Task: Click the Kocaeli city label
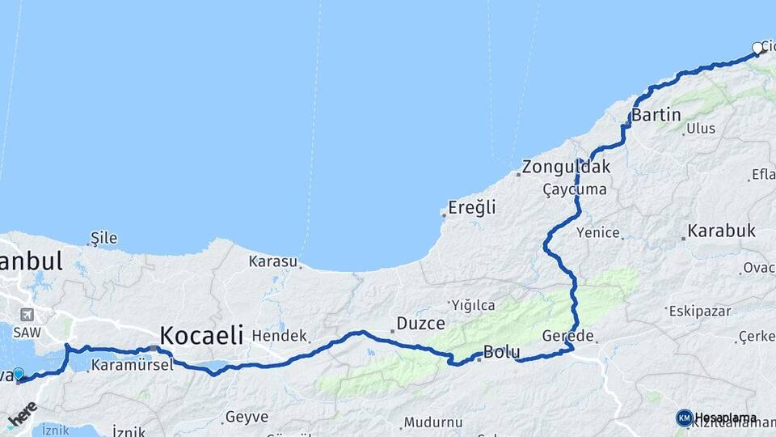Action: click(x=201, y=335)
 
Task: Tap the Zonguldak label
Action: click(x=566, y=168)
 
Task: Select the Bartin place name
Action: click(x=656, y=115)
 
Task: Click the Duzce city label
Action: click(x=420, y=324)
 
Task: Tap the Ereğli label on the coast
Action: click(x=473, y=208)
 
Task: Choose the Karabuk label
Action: click(x=721, y=231)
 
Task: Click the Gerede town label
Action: click(x=568, y=336)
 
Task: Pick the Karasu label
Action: click(x=273, y=261)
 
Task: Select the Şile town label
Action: click(x=104, y=238)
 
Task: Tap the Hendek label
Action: click(x=280, y=335)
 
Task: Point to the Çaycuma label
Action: click(x=575, y=189)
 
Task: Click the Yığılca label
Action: click(x=473, y=305)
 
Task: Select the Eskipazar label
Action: click(x=699, y=311)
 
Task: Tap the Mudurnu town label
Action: click(x=433, y=422)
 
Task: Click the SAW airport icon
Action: click(x=28, y=315)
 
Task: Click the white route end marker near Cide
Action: click(x=757, y=49)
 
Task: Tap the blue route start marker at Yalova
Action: click(x=19, y=375)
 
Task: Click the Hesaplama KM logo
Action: click(x=685, y=418)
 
